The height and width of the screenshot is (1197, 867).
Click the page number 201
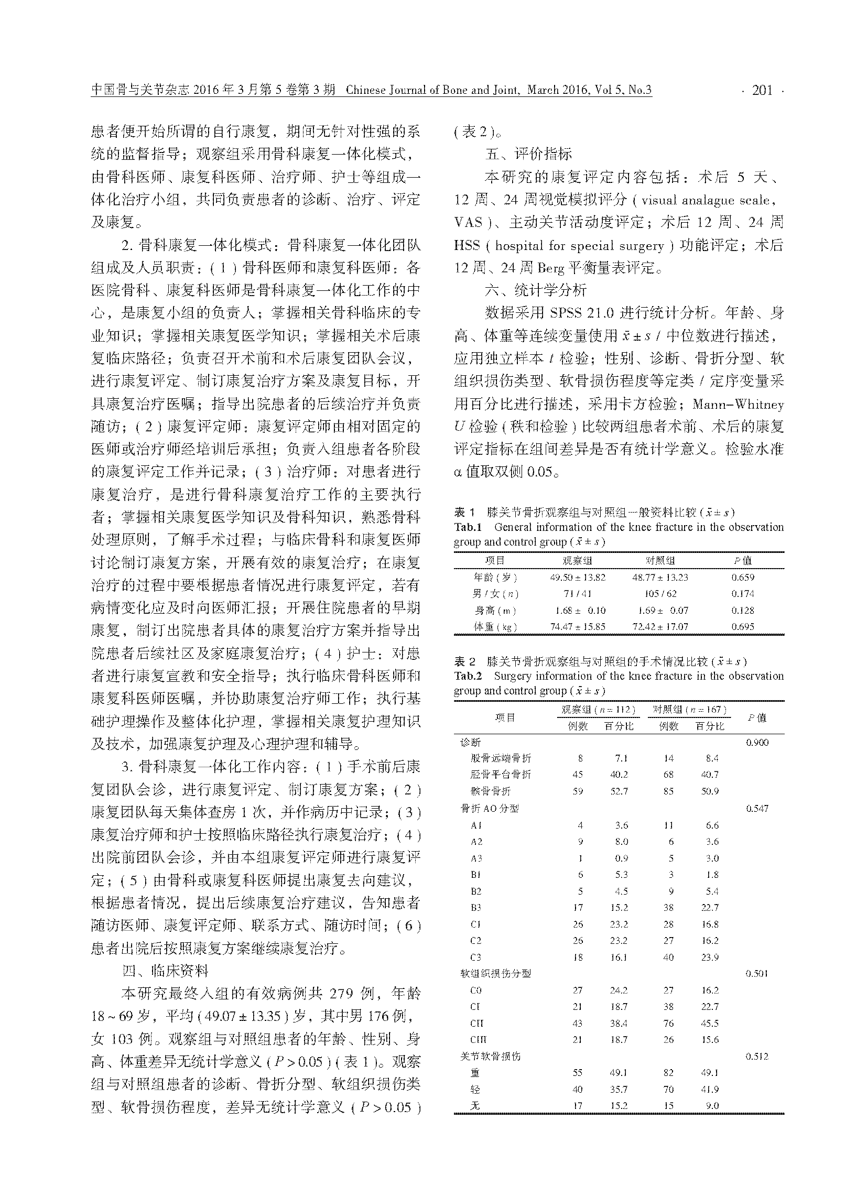coord(762,91)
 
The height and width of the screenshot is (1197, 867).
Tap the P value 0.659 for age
coord(742,578)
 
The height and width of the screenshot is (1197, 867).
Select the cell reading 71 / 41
coord(578,594)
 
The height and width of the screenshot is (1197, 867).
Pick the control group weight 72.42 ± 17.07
coord(660,627)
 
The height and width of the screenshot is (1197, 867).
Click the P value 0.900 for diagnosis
coord(756,743)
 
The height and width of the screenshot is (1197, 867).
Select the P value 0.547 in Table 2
coord(756,809)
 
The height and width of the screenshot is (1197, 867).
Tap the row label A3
coord(476,858)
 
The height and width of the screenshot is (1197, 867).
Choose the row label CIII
coord(478,1039)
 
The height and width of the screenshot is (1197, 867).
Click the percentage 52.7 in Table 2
coord(620,792)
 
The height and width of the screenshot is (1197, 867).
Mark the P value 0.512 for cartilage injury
coord(756,1056)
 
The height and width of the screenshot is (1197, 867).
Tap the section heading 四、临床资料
coord(165,971)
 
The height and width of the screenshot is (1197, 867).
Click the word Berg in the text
coord(551,268)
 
